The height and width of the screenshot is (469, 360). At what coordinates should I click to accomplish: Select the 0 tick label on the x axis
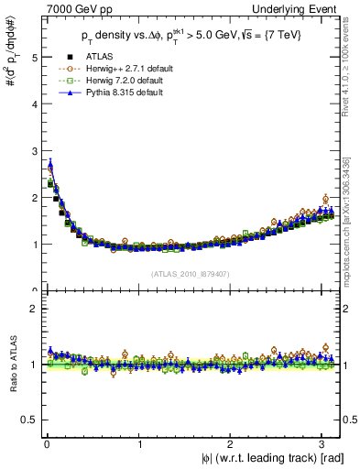47,445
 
